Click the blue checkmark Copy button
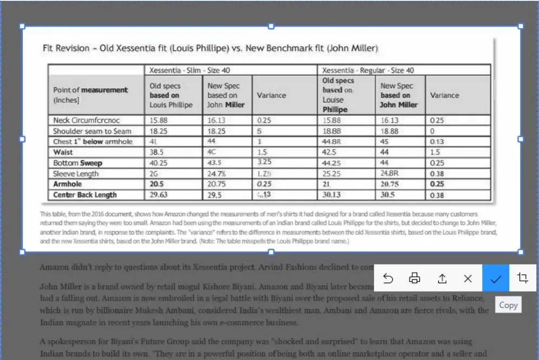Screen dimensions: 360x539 pyautogui.click(x=496, y=278)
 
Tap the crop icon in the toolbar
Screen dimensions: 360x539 pyautogui.click(x=522, y=278)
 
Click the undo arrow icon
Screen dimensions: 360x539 pyautogui.click(x=388, y=278)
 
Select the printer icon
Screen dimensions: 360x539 pyautogui.click(x=415, y=278)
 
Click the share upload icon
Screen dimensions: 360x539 pyautogui.click(x=442, y=278)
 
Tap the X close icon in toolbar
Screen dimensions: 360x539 pyautogui.click(x=468, y=278)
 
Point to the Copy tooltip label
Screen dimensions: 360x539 pyautogui.click(x=508, y=305)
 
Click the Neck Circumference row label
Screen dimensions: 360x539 pyautogui.click(x=87, y=120)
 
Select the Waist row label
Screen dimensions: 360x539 pyautogui.click(x=63, y=152)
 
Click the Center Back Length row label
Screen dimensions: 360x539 pyautogui.click(x=85, y=195)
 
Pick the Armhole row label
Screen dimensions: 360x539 pyautogui.click(x=68, y=184)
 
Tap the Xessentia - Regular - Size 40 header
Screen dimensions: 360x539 pyautogui.click(x=368, y=70)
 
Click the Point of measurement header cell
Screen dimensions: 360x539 pyautogui.click(x=90, y=95)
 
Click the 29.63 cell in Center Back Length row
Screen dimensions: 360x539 pyautogui.click(x=159, y=195)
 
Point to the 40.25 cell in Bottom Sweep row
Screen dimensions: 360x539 pyautogui.click(x=159, y=163)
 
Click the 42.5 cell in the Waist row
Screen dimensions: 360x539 pyautogui.click(x=329, y=152)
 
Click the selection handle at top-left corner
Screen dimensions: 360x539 pyautogui.click(x=22, y=26)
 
